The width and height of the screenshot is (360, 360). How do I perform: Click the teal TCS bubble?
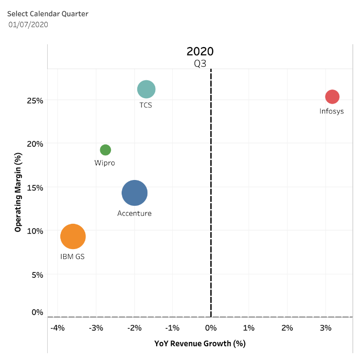tap(146, 89)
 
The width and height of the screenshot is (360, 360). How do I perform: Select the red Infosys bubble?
tap(332, 97)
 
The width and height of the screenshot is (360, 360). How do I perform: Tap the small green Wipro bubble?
tap(105, 150)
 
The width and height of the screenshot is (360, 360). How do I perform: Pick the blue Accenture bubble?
tap(134, 193)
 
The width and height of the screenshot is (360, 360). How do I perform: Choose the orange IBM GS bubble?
tap(73, 237)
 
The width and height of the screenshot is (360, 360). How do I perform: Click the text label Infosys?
tap(331, 111)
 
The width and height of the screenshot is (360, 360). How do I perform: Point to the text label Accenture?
tap(134, 213)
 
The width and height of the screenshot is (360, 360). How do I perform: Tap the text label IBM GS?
tap(72, 256)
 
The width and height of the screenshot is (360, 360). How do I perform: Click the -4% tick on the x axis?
tap(57, 328)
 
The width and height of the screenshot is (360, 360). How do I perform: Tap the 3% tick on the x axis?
tap(325, 328)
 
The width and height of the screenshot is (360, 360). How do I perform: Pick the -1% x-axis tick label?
tap(172, 328)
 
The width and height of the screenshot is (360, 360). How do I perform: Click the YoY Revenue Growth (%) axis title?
tap(199, 343)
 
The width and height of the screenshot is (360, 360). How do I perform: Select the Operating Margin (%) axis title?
tap(18, 193)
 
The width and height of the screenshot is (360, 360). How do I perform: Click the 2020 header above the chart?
tap(200, 52)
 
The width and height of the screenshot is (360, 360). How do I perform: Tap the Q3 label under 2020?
tap(200, 63)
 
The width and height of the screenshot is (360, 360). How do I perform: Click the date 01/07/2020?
tap(28, 24)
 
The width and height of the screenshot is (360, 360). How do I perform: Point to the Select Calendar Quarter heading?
tap(48, 14)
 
